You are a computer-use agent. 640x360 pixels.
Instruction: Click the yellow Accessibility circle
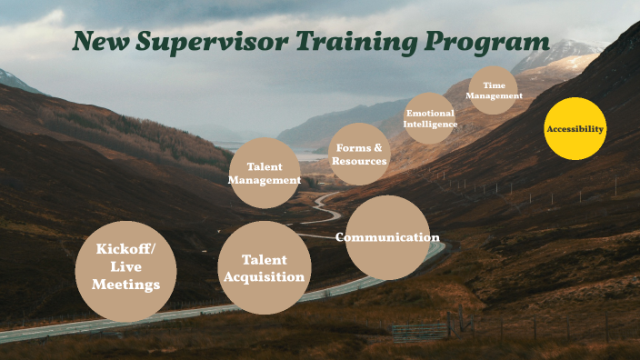(575, 129)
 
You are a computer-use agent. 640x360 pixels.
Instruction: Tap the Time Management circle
(493, 91)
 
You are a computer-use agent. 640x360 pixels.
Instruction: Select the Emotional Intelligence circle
(429, 118)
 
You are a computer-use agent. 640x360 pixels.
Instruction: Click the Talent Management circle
(264, 173)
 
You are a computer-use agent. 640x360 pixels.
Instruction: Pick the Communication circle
(388, 237)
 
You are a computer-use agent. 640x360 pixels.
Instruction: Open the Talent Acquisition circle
(265, 268)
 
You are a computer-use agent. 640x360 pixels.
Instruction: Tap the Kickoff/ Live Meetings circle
(126, 271)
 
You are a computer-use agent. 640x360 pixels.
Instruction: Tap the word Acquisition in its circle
(265, 276)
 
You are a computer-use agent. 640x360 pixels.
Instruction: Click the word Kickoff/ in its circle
(126, 249)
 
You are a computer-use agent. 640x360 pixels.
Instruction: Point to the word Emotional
(430, 113)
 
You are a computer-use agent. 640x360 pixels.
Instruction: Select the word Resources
(359, 161)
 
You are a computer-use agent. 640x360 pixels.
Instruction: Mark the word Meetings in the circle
(126, 285)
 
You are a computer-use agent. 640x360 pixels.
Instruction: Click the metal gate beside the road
(421, 329)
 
